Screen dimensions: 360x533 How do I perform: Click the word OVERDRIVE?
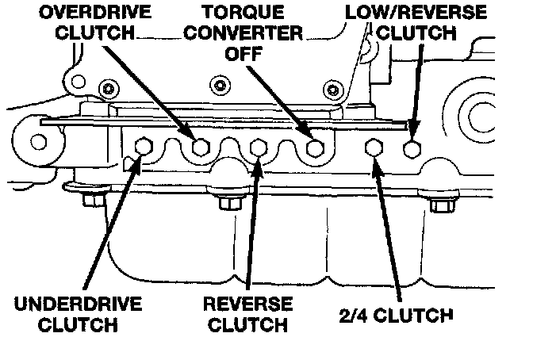pyautogui.click(x=86, y=13)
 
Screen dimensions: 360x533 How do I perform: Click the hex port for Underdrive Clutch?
pyautogui.click(x=144, y=147)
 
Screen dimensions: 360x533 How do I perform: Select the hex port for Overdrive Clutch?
pyautogui.click(x=201, y=147)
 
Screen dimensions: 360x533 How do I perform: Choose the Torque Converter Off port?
pyautogui.click(x=316, y=147)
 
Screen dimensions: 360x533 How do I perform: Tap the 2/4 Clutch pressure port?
pyautogui.click(x=374, y=147)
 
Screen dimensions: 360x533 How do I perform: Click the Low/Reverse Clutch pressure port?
pyautogui.click(x=412, y=147)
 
